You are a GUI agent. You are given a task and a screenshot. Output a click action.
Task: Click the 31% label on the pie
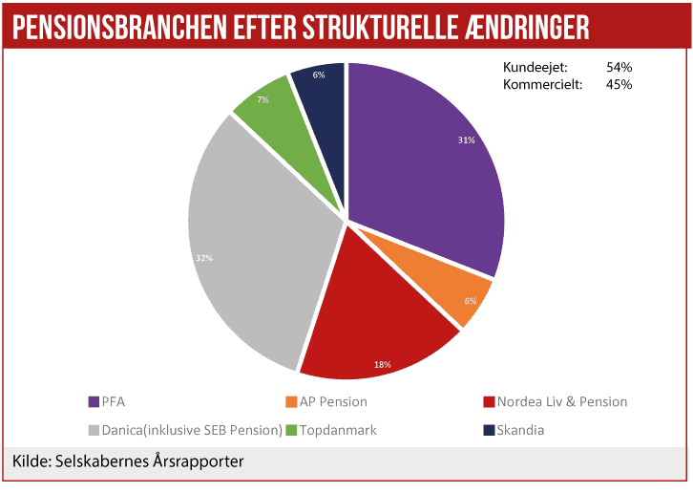tap(466, 140)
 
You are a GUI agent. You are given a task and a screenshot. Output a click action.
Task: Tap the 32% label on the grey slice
tap(205, 258)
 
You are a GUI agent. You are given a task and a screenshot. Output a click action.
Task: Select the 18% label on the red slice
tap(381, 364)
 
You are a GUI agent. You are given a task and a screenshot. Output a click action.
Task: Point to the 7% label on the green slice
tap(262, 99)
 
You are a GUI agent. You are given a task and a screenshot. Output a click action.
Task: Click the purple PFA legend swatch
tap(94, 401)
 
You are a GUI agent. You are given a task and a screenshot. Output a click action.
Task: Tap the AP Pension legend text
tap(333, 401)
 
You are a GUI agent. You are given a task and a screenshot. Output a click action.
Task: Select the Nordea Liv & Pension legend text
tap(562, 401)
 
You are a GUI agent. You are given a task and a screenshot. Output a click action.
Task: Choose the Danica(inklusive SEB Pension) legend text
tap(194, 430)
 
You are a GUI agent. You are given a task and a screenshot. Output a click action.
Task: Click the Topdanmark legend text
tap(338, 430)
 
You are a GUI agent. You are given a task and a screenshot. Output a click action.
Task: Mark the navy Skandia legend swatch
tap(489, 430)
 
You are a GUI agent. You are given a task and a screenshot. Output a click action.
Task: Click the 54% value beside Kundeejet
tap(619, 68)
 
